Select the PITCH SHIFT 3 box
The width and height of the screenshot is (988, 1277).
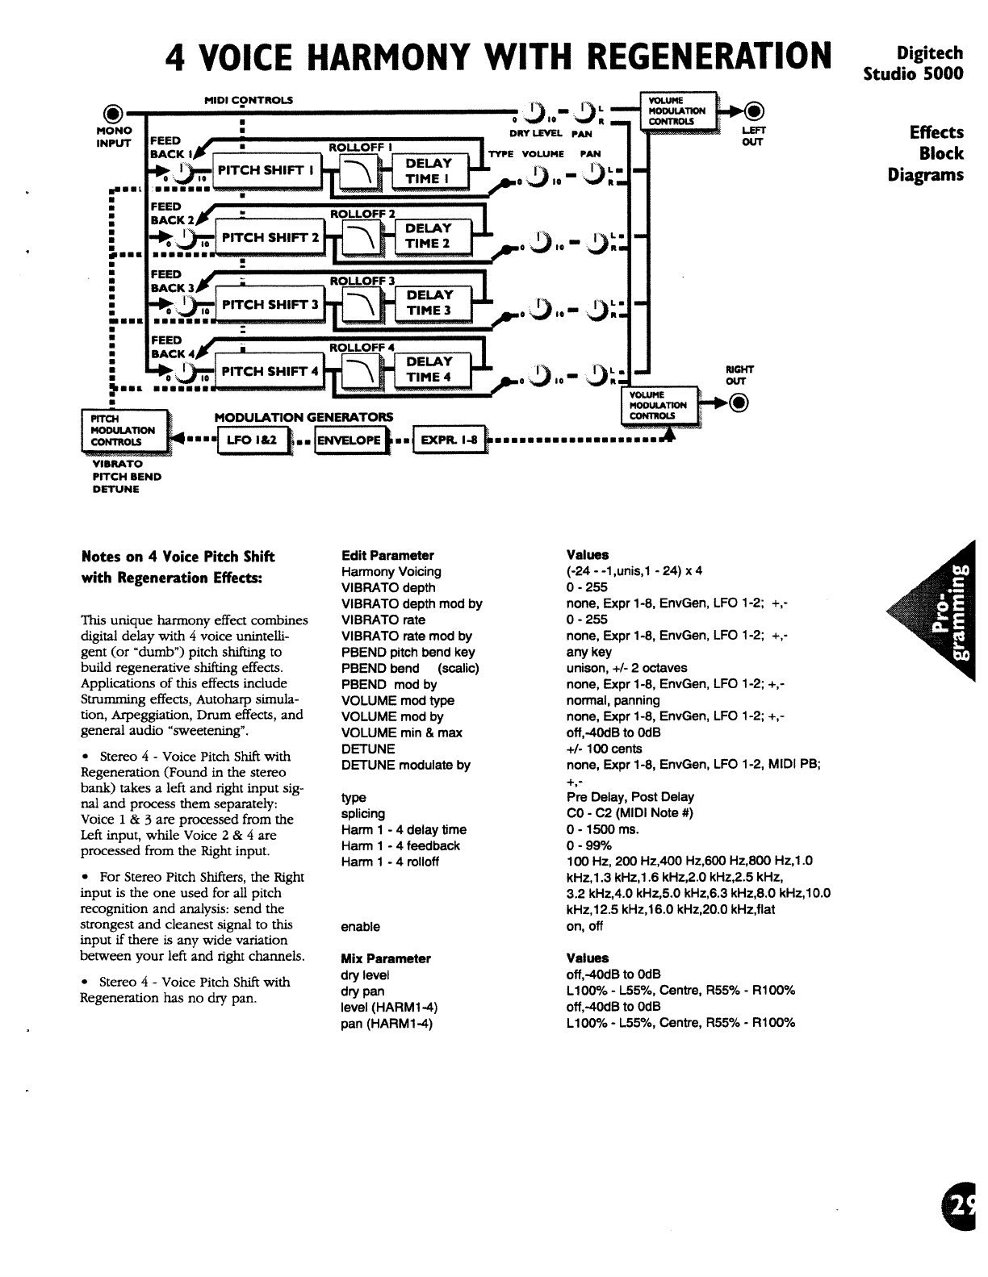[270, 305]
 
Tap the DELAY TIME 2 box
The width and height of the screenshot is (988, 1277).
[428, 236]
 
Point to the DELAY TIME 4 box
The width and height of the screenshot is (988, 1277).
[429, 369]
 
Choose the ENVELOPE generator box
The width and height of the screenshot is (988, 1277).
[348, 440]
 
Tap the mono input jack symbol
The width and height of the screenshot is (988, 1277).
[115, 112]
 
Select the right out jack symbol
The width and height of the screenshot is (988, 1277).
[739, 403]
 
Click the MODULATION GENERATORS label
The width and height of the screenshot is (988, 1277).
[304, 417]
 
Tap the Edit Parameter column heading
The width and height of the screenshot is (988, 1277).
[387, 555]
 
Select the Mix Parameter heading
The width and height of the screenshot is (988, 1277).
[386, 958]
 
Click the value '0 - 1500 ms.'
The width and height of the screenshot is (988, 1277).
[603, 829]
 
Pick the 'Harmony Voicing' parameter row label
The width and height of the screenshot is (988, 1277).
[391, 571]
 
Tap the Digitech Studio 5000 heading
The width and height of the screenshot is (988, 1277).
[914, 63]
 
